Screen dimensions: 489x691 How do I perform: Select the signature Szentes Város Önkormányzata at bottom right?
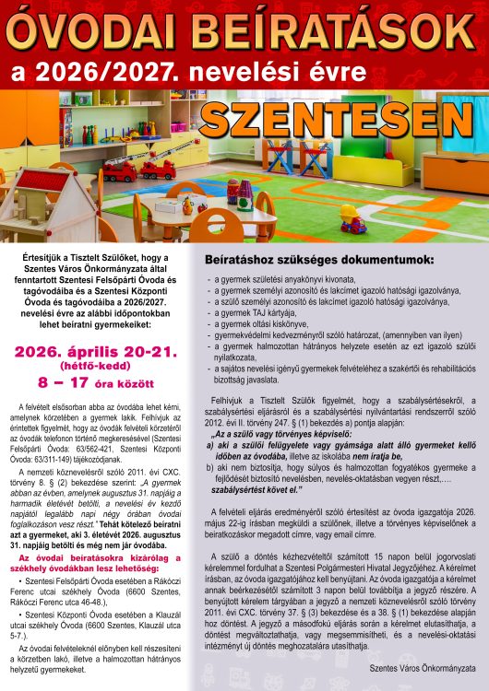(421, 662)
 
